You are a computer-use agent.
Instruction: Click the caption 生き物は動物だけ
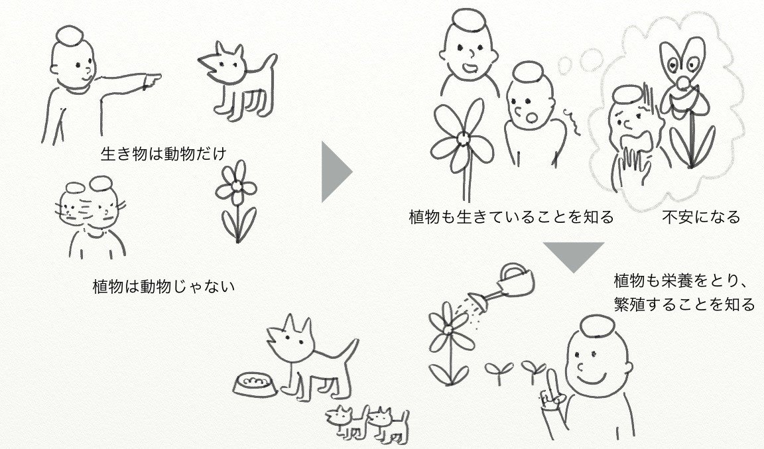164,154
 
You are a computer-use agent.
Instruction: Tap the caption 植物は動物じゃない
164,286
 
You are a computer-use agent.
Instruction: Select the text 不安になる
701,216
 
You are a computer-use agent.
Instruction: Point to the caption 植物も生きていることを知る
511,216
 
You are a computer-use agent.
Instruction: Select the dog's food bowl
255,385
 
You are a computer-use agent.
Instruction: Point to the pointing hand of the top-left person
151,80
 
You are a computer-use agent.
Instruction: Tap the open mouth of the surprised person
531,117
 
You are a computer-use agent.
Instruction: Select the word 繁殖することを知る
684,304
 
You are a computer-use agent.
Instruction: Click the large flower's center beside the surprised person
463,139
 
